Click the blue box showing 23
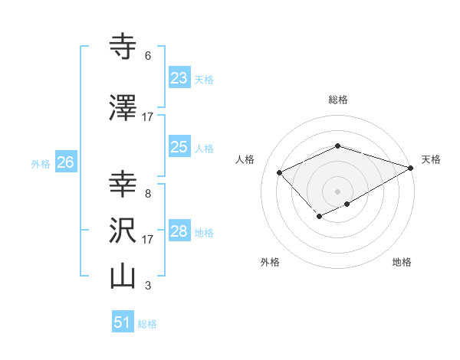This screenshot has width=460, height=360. point(179,78)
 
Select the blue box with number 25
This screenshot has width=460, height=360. point(179,147)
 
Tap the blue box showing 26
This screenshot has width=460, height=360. point(65,162)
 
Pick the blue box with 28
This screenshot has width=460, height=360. point(179,231)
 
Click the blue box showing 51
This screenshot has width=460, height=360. point(123,322)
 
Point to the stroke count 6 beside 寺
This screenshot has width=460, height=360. point(148,56)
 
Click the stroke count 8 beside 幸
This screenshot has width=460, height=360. point(148,193)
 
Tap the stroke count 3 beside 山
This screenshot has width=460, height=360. point(148,286)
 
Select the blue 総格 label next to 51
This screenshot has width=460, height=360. point(147,324)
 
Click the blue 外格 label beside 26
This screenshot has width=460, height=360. point(41,163)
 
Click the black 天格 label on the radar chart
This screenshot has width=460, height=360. point(431,159)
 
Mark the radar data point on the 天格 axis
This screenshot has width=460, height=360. point(412,168)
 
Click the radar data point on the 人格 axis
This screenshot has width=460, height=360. point(280,173)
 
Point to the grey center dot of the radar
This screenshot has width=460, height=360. point(337,191)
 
